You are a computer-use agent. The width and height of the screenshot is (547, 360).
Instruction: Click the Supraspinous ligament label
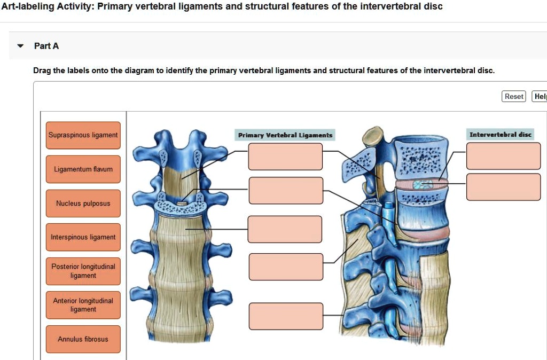pos(83,135)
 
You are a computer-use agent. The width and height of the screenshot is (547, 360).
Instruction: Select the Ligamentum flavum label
pos(83,169)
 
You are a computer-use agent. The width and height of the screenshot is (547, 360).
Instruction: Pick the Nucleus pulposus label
pos(83,204)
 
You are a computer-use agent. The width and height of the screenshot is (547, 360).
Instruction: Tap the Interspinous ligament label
pos(83,237)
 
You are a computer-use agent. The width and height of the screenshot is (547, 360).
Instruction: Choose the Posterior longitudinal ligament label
pos(83,271)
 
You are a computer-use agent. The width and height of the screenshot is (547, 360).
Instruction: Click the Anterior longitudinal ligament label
pos(83,305)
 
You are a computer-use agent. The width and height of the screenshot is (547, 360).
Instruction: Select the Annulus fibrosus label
pos(83,339)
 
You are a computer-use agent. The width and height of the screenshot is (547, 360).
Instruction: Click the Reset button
pos(514,96)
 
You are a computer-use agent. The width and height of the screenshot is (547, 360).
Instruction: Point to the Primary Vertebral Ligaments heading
pos(285,135)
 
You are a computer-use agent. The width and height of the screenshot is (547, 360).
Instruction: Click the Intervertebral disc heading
pos(500,135)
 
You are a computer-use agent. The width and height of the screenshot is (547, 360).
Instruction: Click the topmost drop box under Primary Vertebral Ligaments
pos(285,156)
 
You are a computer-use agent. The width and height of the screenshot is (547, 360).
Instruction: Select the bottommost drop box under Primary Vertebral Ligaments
pos(285,316)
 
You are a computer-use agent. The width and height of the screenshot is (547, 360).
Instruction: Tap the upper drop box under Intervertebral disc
pos(503,156)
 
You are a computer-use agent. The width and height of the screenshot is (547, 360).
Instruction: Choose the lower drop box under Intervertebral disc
pos(503,187)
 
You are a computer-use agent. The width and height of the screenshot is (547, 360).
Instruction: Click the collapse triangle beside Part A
pos(20,46)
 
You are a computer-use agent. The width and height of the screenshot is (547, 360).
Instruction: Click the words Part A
pos(46,46)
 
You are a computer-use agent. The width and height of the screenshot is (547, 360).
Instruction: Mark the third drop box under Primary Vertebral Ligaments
pos(285,229)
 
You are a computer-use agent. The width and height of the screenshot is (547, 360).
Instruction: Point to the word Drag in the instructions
pos(42,71)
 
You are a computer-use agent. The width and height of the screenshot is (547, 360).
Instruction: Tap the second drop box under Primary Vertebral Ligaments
pos(285,191)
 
